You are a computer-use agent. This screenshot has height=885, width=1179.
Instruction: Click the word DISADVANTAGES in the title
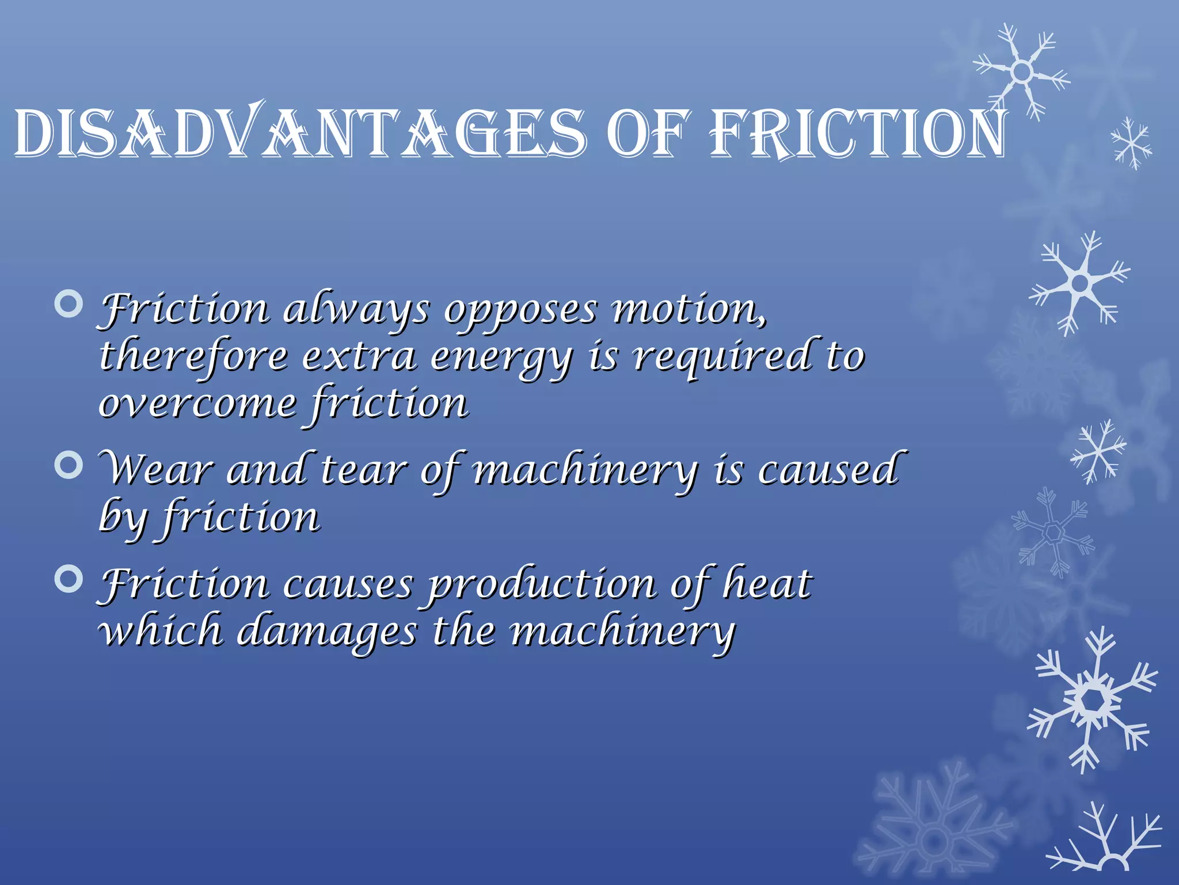click(299, 133)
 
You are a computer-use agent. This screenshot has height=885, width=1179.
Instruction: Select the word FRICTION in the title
click(858, 133)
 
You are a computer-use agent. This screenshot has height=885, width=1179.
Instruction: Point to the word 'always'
click(356, 311)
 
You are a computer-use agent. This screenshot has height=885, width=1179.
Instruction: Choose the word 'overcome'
click(197, 403)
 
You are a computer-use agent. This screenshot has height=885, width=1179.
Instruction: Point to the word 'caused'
click(829, 470)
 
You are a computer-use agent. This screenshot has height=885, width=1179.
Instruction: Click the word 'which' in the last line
click(161, 630)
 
